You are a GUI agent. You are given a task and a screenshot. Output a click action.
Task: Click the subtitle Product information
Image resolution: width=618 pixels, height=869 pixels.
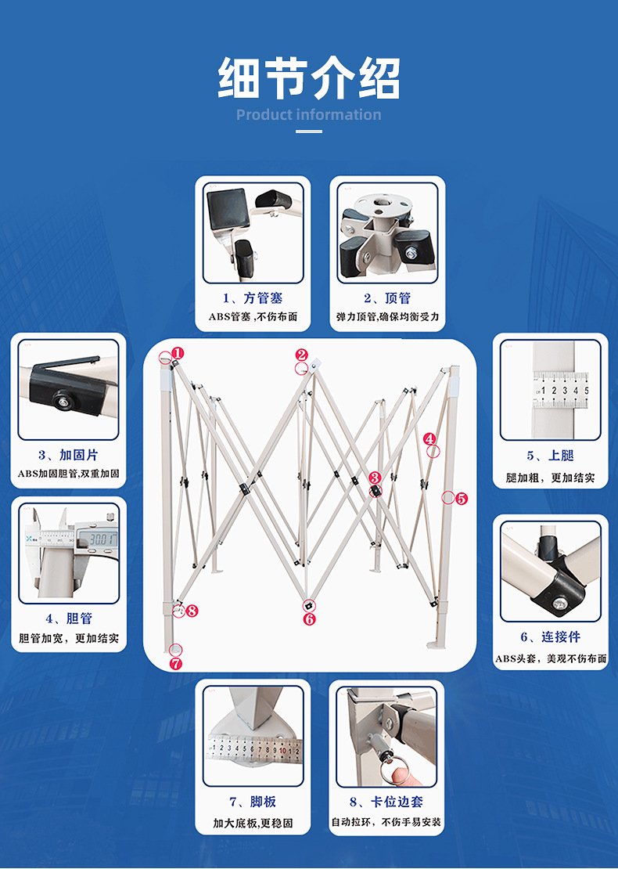309,115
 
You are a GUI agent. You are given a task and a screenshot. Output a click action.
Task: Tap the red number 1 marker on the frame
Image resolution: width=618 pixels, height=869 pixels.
178,353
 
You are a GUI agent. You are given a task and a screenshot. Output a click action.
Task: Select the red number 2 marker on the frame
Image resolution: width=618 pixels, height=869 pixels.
302,355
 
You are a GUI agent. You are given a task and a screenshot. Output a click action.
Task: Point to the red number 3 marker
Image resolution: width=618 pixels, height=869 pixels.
375,478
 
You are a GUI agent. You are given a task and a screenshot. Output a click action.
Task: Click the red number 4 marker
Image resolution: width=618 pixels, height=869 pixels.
429,439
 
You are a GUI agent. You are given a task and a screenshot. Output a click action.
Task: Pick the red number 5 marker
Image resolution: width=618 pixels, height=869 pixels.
461,498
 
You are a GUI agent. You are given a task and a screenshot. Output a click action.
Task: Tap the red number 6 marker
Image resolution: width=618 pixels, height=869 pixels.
309,618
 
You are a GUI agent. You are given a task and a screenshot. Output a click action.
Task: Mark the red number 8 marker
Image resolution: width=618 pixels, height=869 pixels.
192,610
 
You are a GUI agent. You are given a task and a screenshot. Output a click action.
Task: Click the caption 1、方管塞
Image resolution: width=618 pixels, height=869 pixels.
253,298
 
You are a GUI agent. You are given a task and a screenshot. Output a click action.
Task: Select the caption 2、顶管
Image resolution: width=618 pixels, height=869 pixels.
386,298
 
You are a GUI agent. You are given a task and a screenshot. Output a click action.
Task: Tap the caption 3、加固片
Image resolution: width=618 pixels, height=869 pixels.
68,455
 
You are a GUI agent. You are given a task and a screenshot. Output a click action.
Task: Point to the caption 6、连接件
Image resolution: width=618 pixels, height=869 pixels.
551,637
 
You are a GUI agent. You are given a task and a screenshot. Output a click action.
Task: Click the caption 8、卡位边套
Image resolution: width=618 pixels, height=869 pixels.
386,802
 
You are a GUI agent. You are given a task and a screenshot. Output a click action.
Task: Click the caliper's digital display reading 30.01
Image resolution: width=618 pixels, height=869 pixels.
102,539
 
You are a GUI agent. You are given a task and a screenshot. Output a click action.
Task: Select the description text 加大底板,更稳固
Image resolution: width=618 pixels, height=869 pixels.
253,823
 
